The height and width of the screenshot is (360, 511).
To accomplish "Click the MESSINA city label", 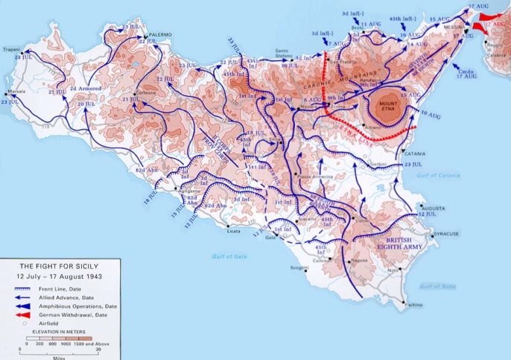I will [x=454, y=28].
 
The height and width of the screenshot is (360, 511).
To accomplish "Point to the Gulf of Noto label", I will [x=437, y=286].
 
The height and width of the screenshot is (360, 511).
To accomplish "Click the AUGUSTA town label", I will [x=435, y=207].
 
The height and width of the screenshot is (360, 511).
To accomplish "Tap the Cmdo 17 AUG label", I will [x=466, y=73].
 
